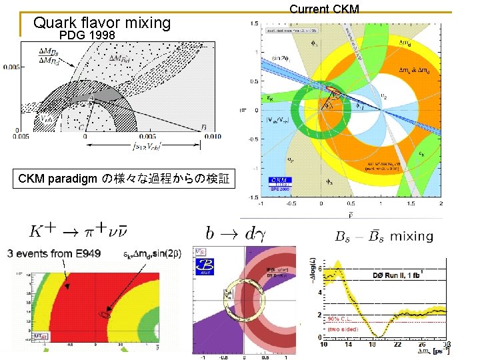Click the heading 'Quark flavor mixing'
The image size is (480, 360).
click(102, 23)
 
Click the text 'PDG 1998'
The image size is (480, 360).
click(87, 35)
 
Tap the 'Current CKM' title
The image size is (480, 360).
click(324, 9)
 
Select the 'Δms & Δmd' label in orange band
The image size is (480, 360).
click(416, 68)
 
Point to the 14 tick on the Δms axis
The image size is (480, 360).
click(348, 344)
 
